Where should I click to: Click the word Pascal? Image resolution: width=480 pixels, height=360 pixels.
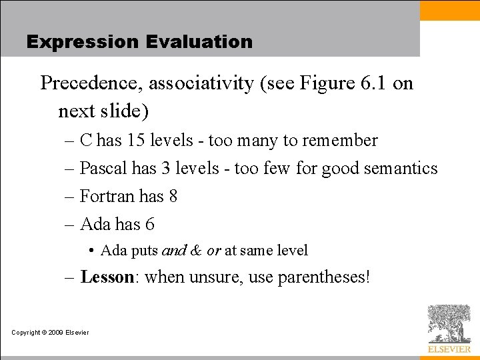(x=103, y=169)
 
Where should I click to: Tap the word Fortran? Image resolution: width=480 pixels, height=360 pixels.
(x=107, y=197)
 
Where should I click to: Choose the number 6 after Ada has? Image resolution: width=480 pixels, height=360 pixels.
(x=150, y=225)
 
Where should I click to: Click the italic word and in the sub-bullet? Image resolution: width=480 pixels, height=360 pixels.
(x=174, y=251)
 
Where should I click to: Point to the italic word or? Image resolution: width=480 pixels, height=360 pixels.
(x=213, y=251)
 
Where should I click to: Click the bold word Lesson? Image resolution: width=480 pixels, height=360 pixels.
(x=107, y=277)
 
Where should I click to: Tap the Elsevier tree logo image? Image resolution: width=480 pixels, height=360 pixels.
(x=449, y=324)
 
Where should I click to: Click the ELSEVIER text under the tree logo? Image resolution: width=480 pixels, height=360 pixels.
(x=449, y=349)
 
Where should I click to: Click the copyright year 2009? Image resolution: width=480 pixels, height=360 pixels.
(x=55, y=333)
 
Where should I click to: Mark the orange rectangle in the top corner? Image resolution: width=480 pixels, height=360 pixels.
(x=449, y=10)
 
